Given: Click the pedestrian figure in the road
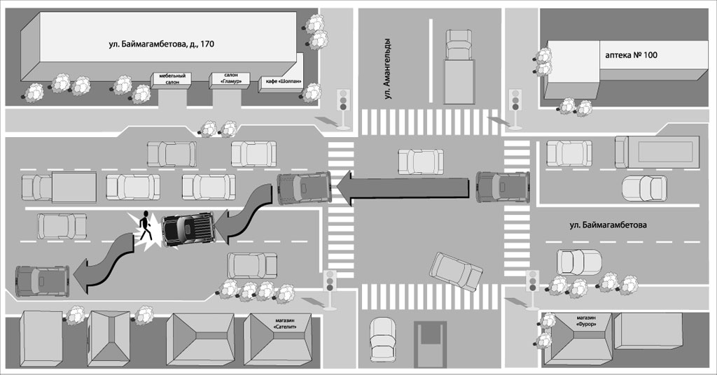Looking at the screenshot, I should pyautogui.click(x=145, y=227).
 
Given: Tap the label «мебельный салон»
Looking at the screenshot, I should pyautogui.click(x=172, y=78).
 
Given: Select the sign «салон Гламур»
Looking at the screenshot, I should pyautogui.click(x=231, y=78).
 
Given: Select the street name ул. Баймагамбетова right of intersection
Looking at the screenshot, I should pyautogui.click(x=607, y=225).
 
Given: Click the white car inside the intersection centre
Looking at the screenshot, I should pyautogui.click(x=420, y=161).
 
